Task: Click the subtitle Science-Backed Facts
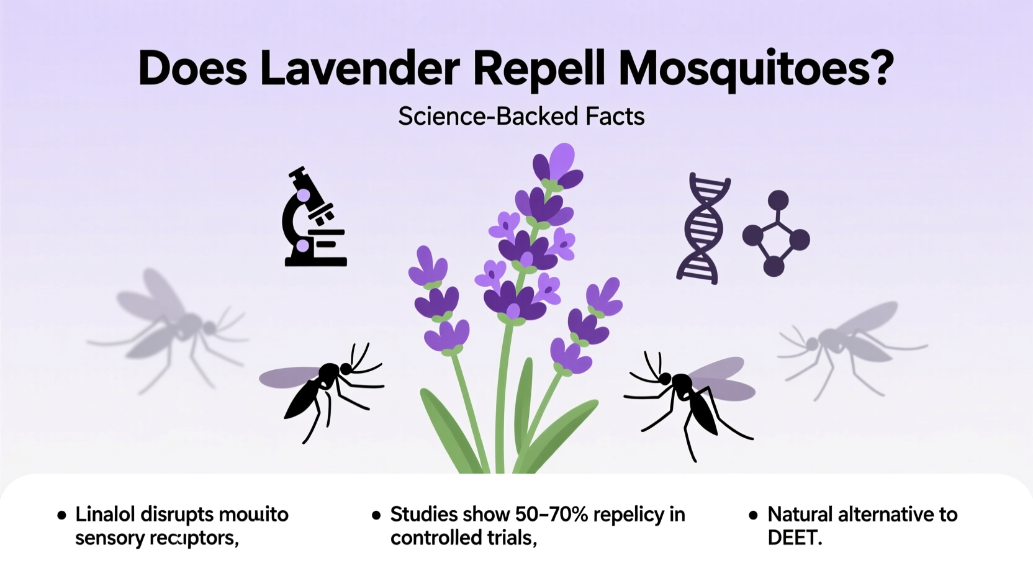click(521, 116)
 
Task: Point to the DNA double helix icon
click(703, 228)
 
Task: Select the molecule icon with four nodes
click(776, 235)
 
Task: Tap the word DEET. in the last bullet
click(795, 538)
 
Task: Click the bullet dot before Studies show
click(376, 515)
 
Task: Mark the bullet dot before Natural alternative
click(753, 515)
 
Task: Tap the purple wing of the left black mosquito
click(289, 377)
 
